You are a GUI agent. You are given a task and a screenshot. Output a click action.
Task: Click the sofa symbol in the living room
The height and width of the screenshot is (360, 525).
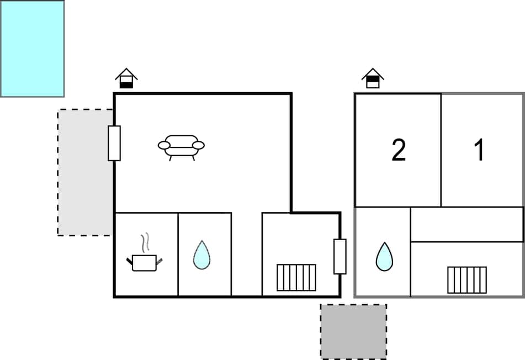coord(181,146)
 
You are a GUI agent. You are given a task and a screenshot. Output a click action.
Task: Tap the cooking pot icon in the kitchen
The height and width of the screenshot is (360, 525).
coord(144,262)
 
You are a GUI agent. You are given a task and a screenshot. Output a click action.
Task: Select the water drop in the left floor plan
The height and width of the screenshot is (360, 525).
coord(201,255)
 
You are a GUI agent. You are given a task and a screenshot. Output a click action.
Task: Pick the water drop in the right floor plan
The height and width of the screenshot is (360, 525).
coord(384,257)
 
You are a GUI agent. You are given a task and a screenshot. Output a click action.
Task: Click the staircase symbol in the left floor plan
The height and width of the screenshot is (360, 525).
coord(296,277)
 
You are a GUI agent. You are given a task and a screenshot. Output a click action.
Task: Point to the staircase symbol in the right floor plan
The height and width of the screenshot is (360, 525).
coord(467,279)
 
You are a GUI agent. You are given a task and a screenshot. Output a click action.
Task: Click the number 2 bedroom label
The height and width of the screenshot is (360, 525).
coord(399,150)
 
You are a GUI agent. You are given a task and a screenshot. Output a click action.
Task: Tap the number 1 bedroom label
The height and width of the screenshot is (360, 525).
coord(480,150)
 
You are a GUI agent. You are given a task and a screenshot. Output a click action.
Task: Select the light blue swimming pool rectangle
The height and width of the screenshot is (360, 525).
coord(32,49)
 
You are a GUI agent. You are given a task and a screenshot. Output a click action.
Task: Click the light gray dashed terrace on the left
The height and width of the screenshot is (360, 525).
coord(85,172)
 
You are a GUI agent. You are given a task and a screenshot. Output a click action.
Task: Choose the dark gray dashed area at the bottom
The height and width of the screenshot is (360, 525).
coord(353,331)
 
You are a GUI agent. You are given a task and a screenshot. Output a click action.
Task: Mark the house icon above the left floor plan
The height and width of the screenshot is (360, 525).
coord(126,78)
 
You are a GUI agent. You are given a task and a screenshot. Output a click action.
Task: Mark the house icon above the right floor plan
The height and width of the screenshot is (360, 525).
coord(373,78)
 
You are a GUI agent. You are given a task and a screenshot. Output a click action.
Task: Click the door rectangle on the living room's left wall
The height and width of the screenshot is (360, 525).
coord(114,143)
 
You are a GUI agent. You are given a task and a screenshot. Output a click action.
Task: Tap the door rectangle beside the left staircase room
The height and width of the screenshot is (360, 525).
coord(340,256)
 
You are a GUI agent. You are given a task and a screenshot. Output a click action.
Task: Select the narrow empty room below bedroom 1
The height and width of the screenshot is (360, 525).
coord(467,224)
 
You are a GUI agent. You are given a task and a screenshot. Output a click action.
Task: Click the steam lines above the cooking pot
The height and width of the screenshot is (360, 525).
coord(145,243)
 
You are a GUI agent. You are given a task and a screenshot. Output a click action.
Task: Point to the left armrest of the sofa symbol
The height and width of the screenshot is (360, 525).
coord(164,145)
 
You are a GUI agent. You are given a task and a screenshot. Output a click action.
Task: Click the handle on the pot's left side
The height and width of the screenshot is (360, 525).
coord(130,260)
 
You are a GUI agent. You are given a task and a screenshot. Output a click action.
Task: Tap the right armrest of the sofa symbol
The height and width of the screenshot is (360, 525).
coord(199,145)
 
